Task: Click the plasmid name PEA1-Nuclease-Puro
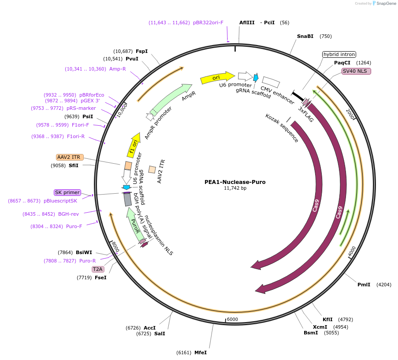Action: [x=235, y=182]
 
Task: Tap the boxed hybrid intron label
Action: [x=339, y=54]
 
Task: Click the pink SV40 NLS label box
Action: [x=357, y=71]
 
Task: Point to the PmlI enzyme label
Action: [x=364, y=285]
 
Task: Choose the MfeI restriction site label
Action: [x=201, y=352]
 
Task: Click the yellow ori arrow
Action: [x=217, y=78]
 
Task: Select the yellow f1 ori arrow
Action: [x=133, y=146]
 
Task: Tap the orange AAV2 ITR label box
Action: [x=70, y=157]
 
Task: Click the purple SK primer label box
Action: [x=67, y=192]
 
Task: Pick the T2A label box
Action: [x=97, y=269]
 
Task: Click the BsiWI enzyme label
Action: [x=84, y=252]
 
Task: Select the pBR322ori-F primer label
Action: [x=208, y=22]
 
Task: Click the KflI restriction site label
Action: [x=327, y=319]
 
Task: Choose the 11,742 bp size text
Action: [x=235, y=188]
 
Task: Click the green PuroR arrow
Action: [x=135, y=225]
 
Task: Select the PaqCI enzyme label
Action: [x=342, y=63]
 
